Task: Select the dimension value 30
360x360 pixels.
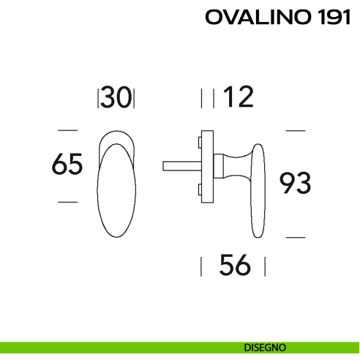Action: (116, 98)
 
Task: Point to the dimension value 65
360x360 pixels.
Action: (67, 165)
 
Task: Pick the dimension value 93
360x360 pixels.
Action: (296, 183)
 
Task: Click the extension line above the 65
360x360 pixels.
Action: (67, 130)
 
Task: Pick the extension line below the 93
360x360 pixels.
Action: (295, 237)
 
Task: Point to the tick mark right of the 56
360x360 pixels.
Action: (265, 265)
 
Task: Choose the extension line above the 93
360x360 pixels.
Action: (295, 130)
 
